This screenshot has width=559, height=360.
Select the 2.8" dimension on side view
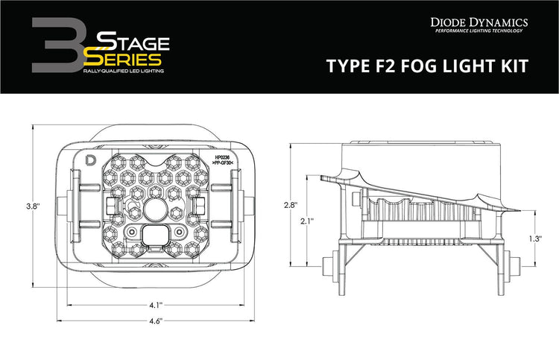pyautogui.click(x=291, y=204)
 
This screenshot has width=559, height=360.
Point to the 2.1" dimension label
pyautogui.click(x=308, y=221)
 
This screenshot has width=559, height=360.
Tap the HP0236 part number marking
pyautogui.click(x=221, y=158)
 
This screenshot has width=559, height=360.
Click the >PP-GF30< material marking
pyautogui.click(x=223, y=164)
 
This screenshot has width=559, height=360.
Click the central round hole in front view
pyautogui.click(x=157, y=209)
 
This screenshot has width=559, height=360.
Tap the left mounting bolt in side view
pyautogui.click(x=328, y=265)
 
